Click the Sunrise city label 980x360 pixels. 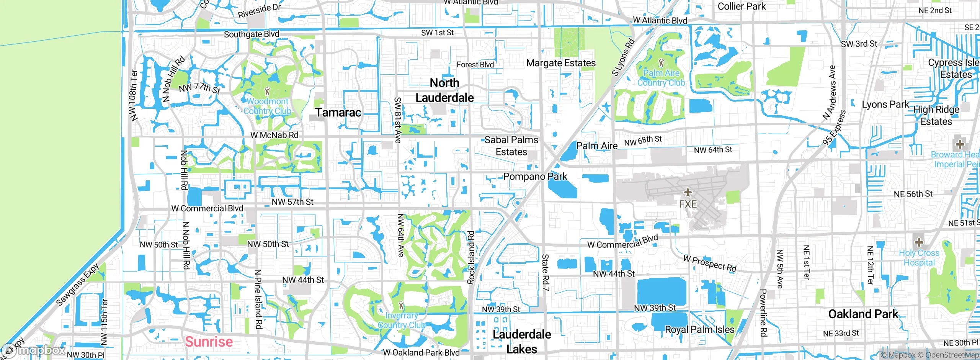click(x=209, y=341)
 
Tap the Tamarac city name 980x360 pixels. click(x=338, y=112)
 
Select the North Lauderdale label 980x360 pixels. click(x=444, y=90)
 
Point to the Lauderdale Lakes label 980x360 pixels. click(x=522, y=342)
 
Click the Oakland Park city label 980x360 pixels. click(x=863, y=314)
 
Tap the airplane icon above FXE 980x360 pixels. click(x=688, y=192)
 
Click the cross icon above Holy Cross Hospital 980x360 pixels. click(x=919, y=242)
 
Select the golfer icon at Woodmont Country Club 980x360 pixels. click(x=268, y=92)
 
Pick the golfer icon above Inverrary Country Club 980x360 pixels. click(x=401, y=306)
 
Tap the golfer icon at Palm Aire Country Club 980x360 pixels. click(x=661, y=63)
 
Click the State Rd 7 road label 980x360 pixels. click(x=546, y=272)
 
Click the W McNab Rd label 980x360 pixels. click(x=274, y=135)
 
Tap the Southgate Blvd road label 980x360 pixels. click(x=252, y=34)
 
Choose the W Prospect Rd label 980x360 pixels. click(x=710, y=263)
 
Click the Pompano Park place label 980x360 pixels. click(x=535, y=177)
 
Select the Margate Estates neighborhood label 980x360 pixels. click(x=561, y=63)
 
